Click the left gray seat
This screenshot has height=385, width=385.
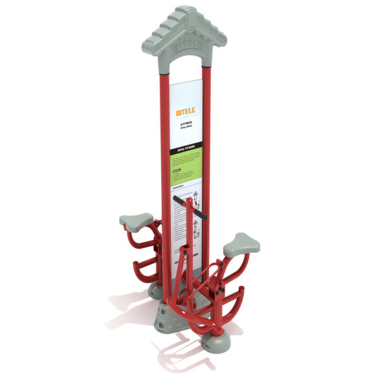136,221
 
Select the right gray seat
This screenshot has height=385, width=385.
241,245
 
